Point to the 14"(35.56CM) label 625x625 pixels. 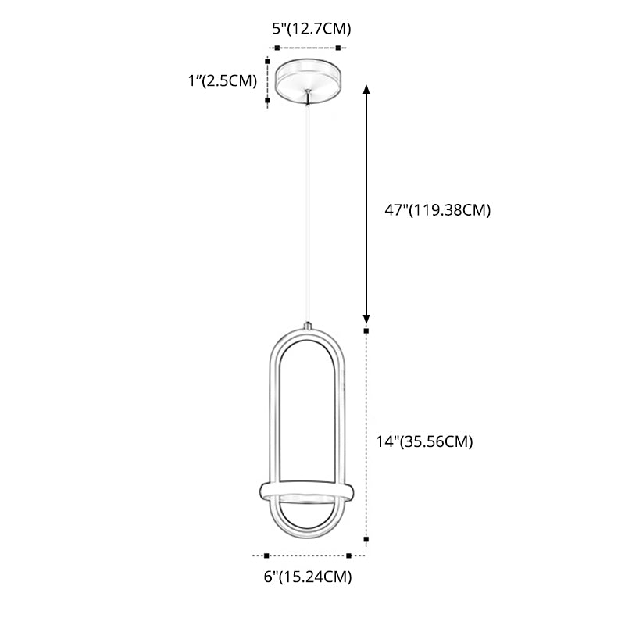tap(423, 441)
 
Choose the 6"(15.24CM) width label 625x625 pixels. tap(307, 578)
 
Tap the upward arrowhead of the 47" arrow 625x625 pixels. tap(366, 90)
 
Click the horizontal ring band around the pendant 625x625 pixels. tap(305, 493)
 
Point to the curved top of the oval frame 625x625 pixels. tap(305, 331)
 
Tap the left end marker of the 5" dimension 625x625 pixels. tap(277, 48)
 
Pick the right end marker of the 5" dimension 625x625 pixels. tap(345, 48)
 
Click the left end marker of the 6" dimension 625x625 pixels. tap(266, 555)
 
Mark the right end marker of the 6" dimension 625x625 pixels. tap(349, 555)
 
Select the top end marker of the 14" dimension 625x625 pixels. tap(366, 330)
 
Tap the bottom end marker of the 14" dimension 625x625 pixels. tap(366, 538)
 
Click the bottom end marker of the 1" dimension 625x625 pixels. tap(268, 100)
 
